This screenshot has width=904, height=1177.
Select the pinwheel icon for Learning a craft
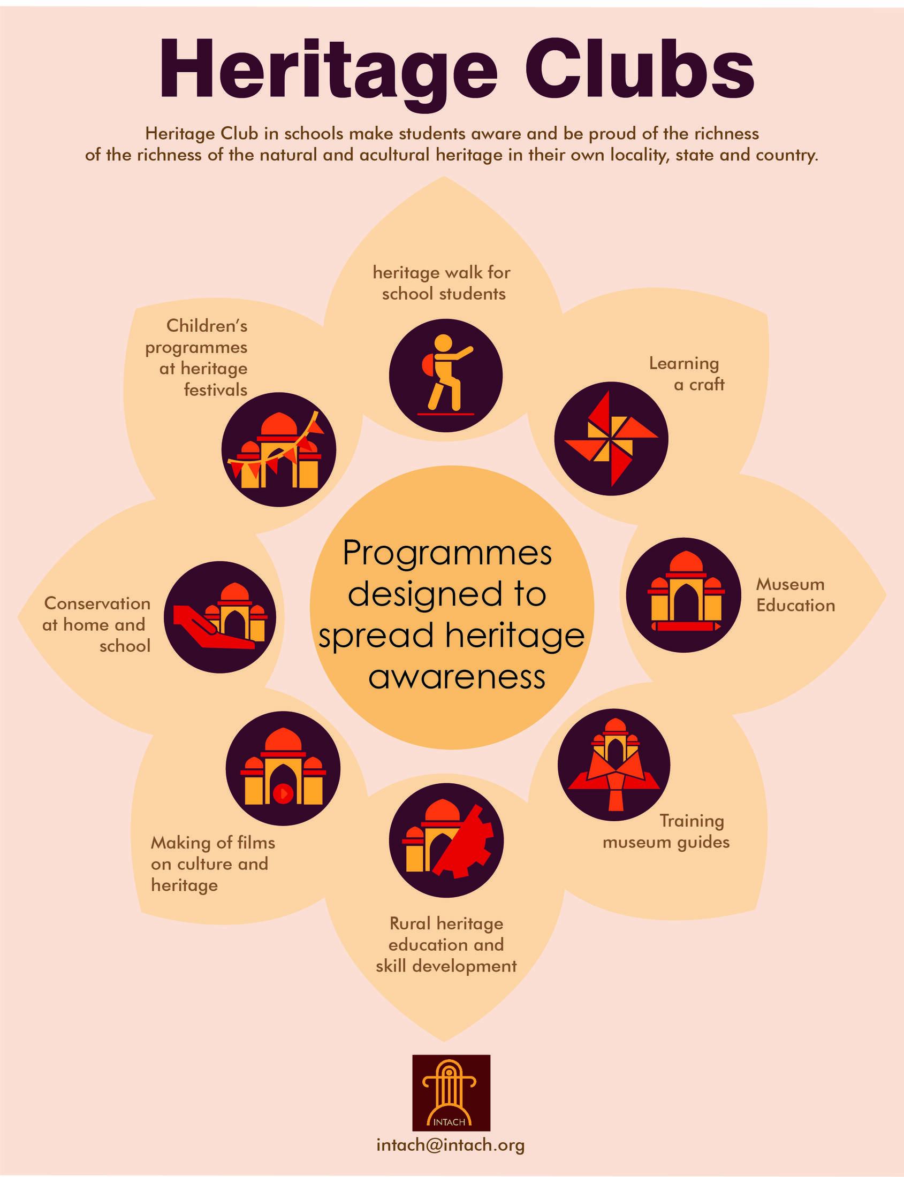click(611, 438)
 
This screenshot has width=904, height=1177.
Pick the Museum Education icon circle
click(683, 595)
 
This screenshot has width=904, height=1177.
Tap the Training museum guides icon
click(614, 765)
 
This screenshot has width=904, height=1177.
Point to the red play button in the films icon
click(283, 793)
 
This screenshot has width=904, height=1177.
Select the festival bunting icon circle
click(279, 449)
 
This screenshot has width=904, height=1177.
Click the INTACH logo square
click(451, 1092)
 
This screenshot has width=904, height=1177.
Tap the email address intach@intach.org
click(450, 1145)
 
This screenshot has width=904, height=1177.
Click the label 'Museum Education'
click(795, 594)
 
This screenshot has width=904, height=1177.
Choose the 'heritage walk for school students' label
click(442, 283)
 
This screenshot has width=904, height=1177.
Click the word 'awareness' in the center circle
click(457, 677)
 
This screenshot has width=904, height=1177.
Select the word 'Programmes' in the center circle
click(447, 553)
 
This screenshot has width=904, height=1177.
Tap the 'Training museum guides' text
click(666, 831)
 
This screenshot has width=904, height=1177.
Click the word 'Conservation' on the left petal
click(97, 603)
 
